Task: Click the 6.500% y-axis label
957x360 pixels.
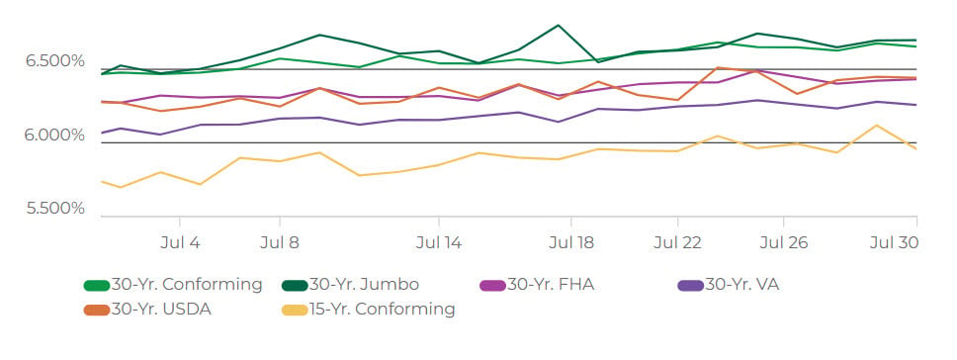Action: click(x=55, y=61)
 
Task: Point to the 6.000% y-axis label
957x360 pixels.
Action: click(x=55, y=135)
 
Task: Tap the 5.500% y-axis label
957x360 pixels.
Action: click(x=55, y=209)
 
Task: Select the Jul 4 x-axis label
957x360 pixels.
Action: click(x=180, y=243)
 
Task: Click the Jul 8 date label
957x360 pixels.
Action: click(x=280, y=243)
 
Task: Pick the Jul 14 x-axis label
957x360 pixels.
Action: click(x=439, y=243)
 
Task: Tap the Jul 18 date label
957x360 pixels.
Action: click(x=571, y=243)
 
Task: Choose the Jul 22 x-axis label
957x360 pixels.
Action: click(x=677, y=243)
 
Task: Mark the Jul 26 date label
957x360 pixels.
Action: click(x=784, y=243)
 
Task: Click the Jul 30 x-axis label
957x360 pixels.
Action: click(x=894, y=243)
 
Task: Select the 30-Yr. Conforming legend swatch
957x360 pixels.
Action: click(x=97, y=285)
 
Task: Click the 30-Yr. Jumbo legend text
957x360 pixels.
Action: click(x=365, y=284)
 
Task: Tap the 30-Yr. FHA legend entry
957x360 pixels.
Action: click(x=537, y=284)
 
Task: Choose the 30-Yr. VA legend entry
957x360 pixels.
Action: click(x=728, y=284)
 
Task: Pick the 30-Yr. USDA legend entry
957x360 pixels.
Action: click(x=147, y=310)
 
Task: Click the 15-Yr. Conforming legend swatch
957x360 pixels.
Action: click(x=295, y=310)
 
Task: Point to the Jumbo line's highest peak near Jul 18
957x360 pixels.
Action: click(x=558, y=25)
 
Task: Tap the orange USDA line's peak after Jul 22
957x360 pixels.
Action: click(x=719, y=67)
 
